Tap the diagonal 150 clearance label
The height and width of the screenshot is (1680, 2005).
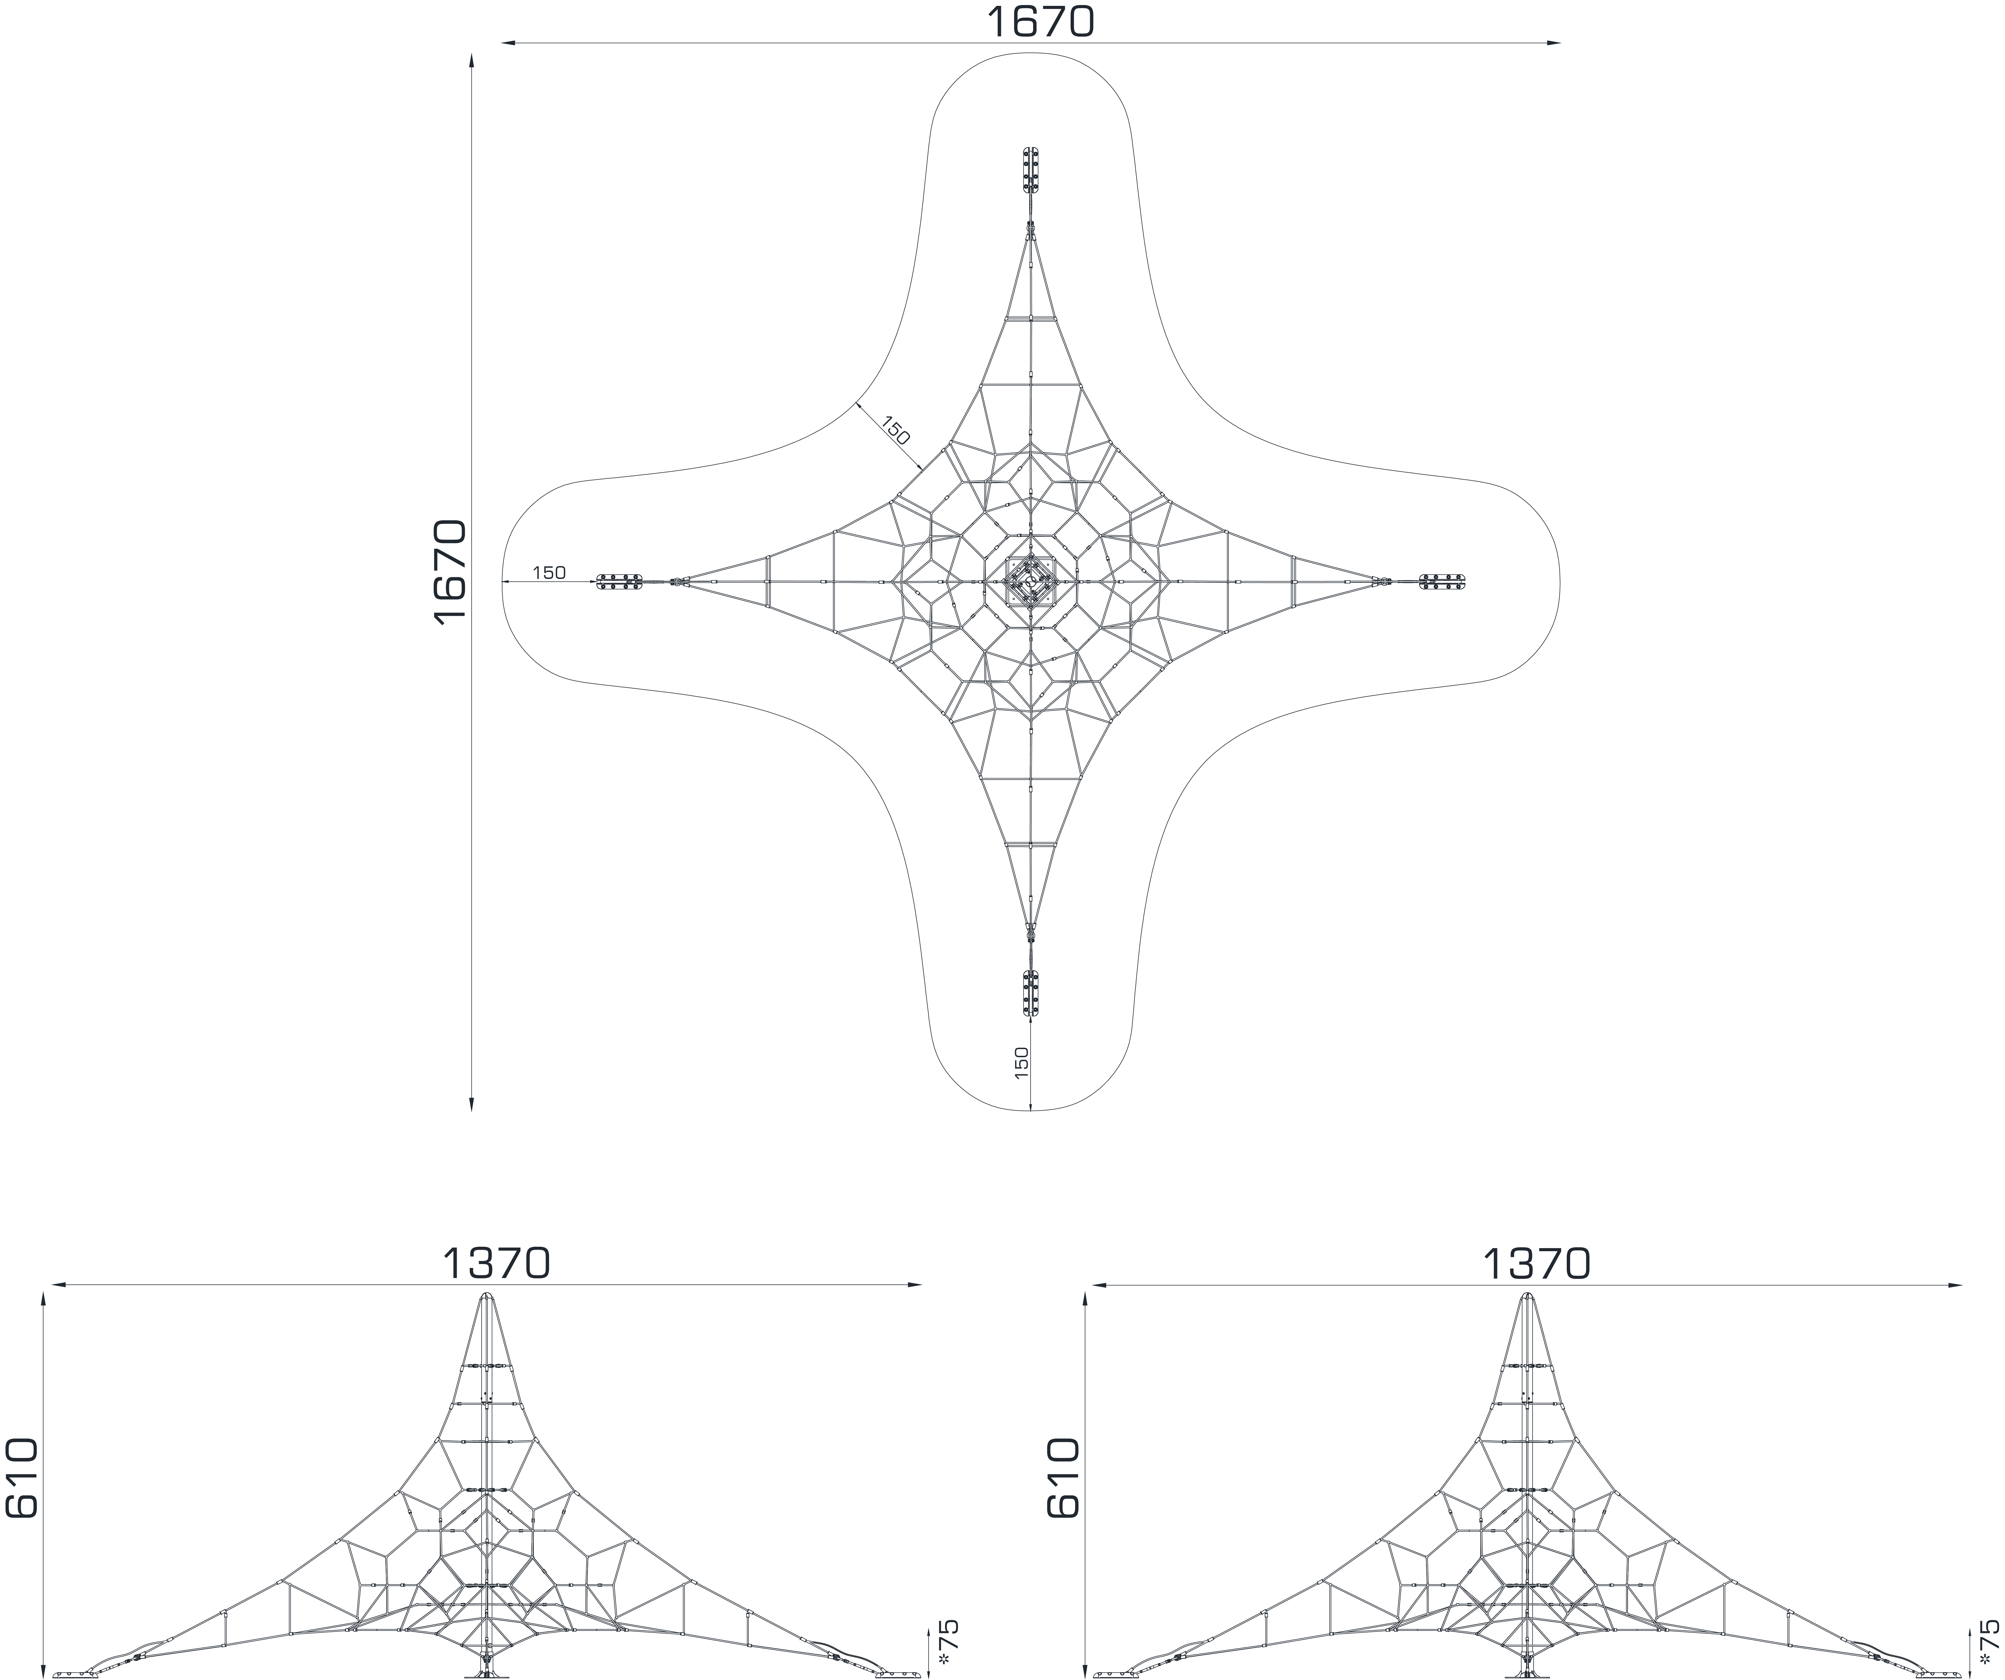click(x=896, y=430)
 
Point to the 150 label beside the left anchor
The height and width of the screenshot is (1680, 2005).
click(x=549, y=573)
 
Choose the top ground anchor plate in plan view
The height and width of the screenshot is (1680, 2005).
click(x=1031, y=170)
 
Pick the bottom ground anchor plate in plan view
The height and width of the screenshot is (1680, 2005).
click(x=1031, y=994)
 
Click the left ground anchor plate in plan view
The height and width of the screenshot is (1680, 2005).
click(x=620, y=581)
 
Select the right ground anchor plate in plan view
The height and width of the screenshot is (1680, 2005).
click(x=1443, y=581)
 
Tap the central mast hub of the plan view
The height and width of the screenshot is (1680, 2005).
click(x=1031, y=581)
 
